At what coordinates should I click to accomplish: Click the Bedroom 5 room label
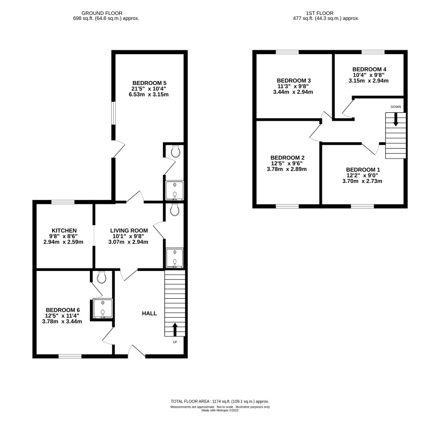point(149,83)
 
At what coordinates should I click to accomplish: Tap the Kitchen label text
point(64,231)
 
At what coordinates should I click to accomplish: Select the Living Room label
point(129,231)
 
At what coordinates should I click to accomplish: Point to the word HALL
point(149,313)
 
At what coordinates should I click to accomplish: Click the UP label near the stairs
point(175,342)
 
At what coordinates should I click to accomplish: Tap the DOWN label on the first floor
point(396,107)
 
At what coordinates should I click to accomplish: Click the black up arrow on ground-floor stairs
point(175,330)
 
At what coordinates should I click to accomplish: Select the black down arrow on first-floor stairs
point(396,119)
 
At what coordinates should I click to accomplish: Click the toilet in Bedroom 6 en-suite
point(101,277)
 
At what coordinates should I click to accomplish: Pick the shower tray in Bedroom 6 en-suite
point(103,309)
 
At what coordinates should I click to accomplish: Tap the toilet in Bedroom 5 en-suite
point(176,151)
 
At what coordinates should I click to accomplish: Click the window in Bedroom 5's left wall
point(113,113)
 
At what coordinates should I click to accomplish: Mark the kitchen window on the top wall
point(63,202)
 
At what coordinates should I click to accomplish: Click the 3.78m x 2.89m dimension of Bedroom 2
point(287,169)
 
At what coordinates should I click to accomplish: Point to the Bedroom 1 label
point(363,170)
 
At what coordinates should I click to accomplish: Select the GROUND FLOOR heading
point(102,13)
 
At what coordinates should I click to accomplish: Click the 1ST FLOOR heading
point(320,13)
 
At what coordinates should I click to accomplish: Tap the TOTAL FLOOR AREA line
point(220,401)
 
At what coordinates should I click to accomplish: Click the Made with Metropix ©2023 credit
point(220,410)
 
